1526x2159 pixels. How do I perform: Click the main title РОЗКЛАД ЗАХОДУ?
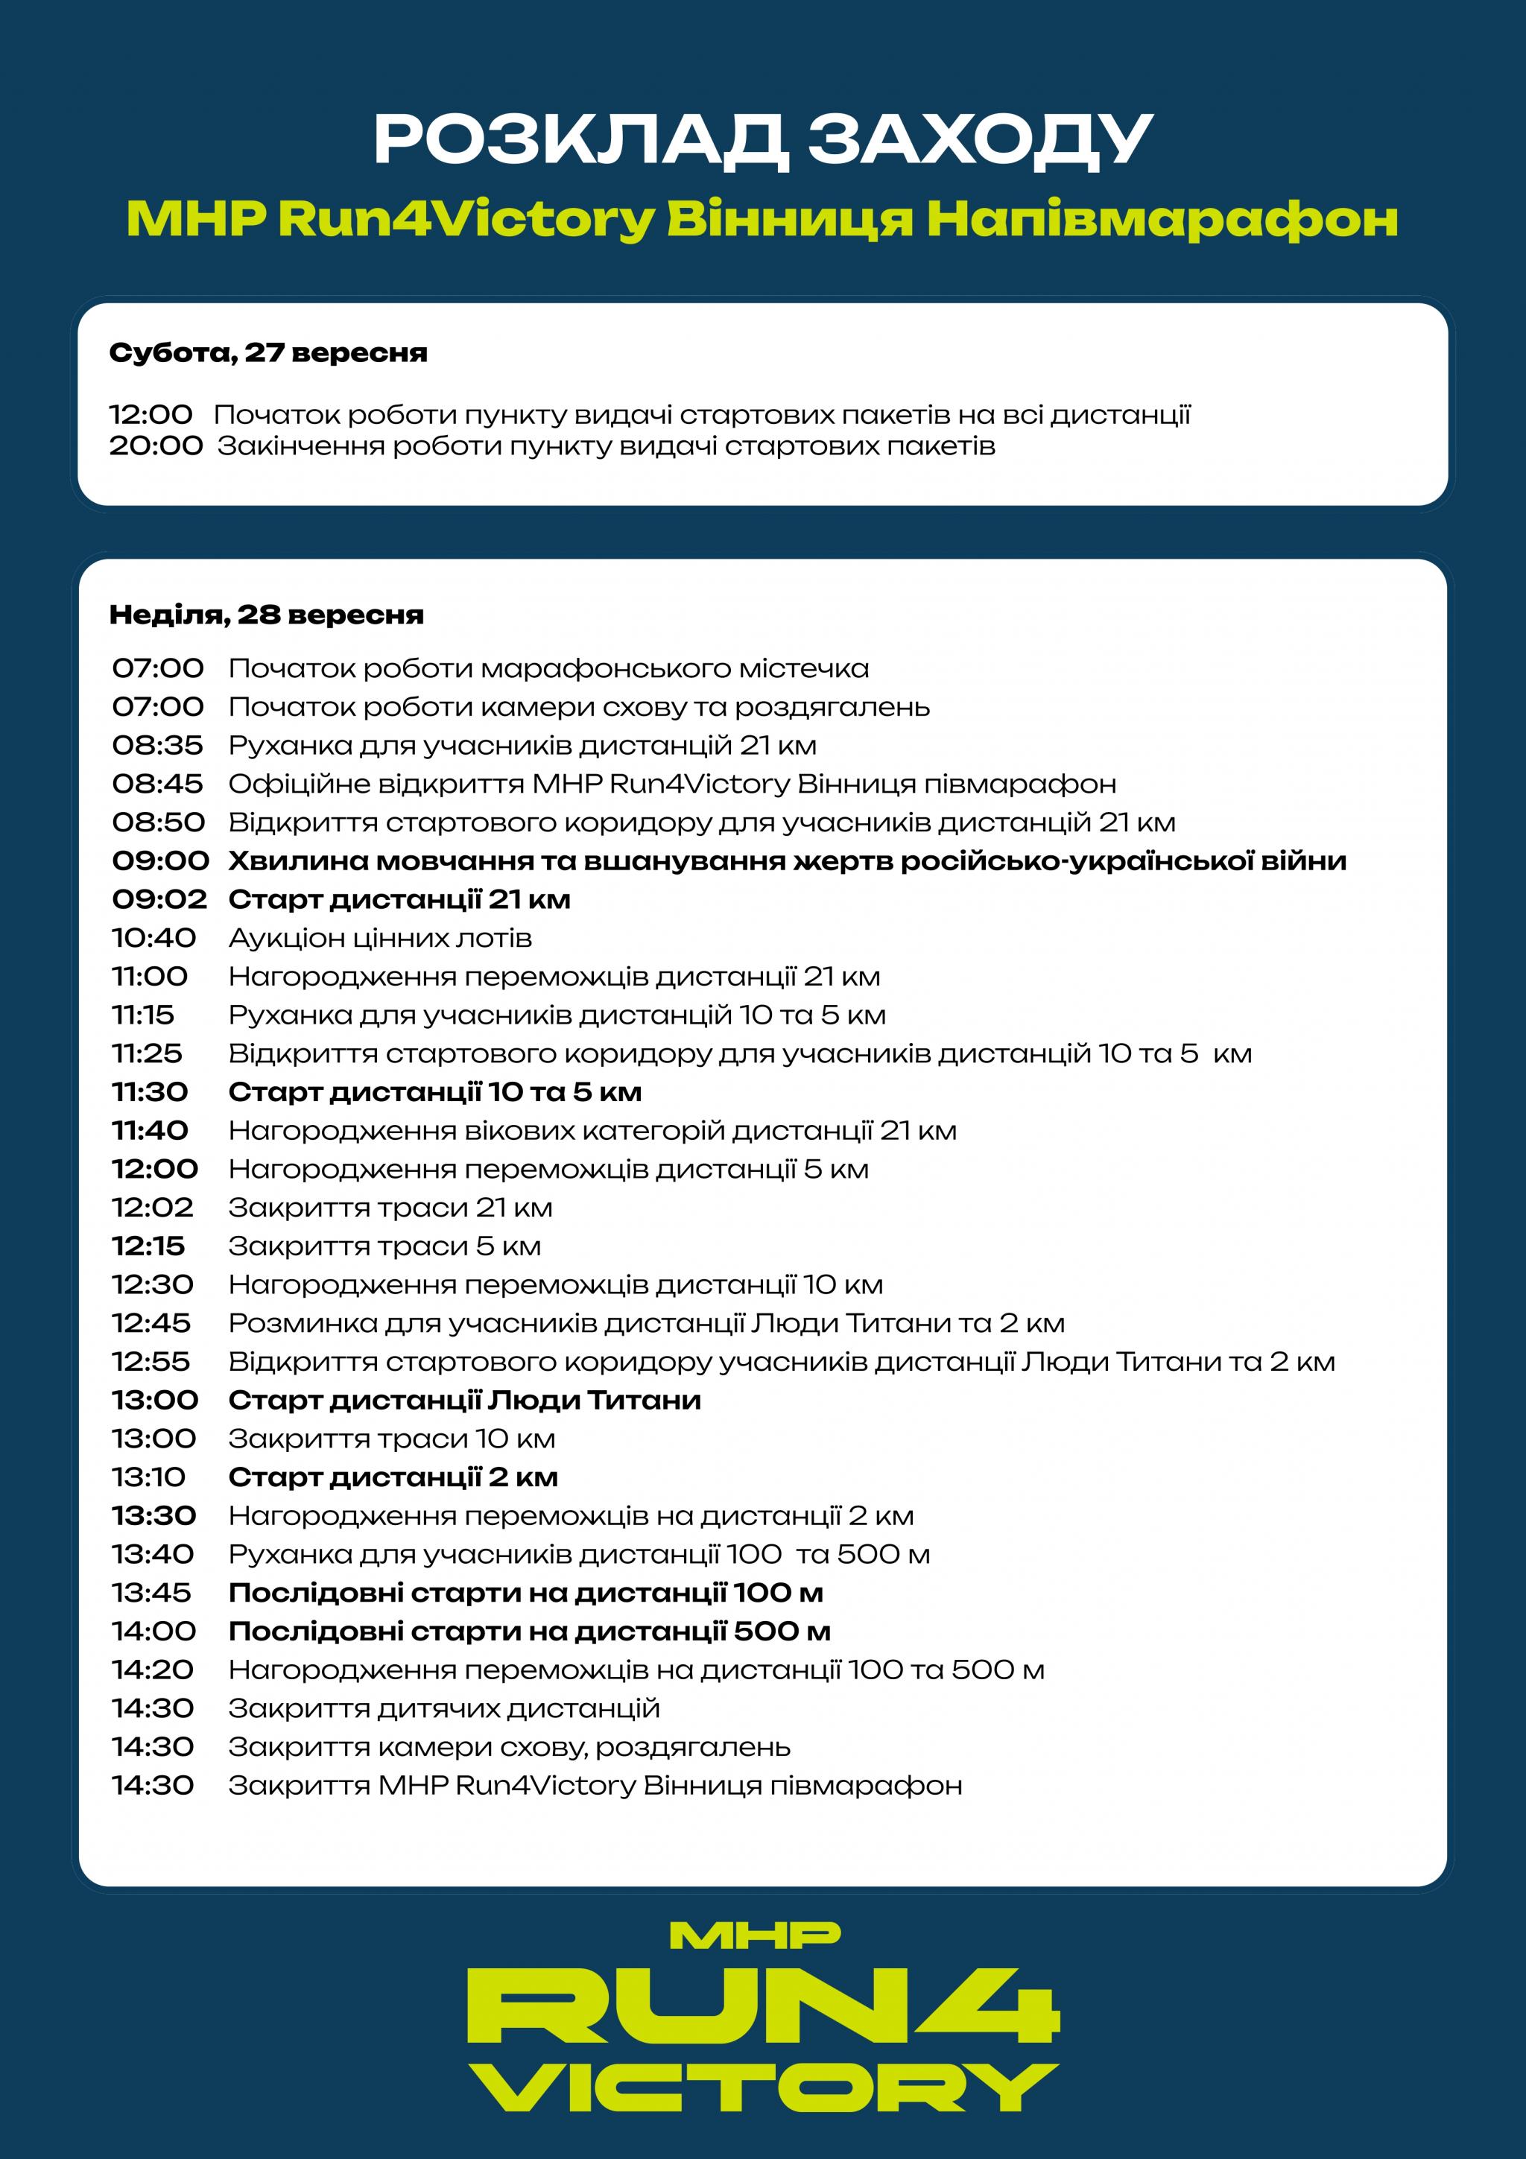(762, 139)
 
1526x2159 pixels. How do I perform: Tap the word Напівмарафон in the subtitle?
(1162, 219)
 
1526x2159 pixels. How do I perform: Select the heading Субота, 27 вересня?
(268, 354)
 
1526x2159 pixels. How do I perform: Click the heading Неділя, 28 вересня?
(266, 615)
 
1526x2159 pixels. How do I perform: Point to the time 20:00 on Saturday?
(155, 446)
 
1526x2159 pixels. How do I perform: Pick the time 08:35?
(157, 746)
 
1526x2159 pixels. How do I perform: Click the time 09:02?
(159, 900)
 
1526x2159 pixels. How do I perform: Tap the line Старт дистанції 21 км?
(399, 900)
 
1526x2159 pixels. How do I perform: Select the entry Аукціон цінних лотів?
(380, 939)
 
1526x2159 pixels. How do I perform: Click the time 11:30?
(151, 1093)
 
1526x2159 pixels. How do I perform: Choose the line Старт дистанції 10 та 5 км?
(434, 1093)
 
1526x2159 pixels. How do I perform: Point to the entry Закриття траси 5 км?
(384, 1247)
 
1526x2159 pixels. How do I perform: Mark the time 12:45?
(151, 1324)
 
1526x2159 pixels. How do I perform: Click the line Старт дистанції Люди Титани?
(464, 1401)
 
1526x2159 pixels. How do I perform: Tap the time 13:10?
(148, 1478)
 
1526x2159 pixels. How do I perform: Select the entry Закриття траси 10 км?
(391, 1439)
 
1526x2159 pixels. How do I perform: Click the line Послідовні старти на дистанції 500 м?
(529, 1632)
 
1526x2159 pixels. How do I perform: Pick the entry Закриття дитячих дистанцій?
(444, 1710)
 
